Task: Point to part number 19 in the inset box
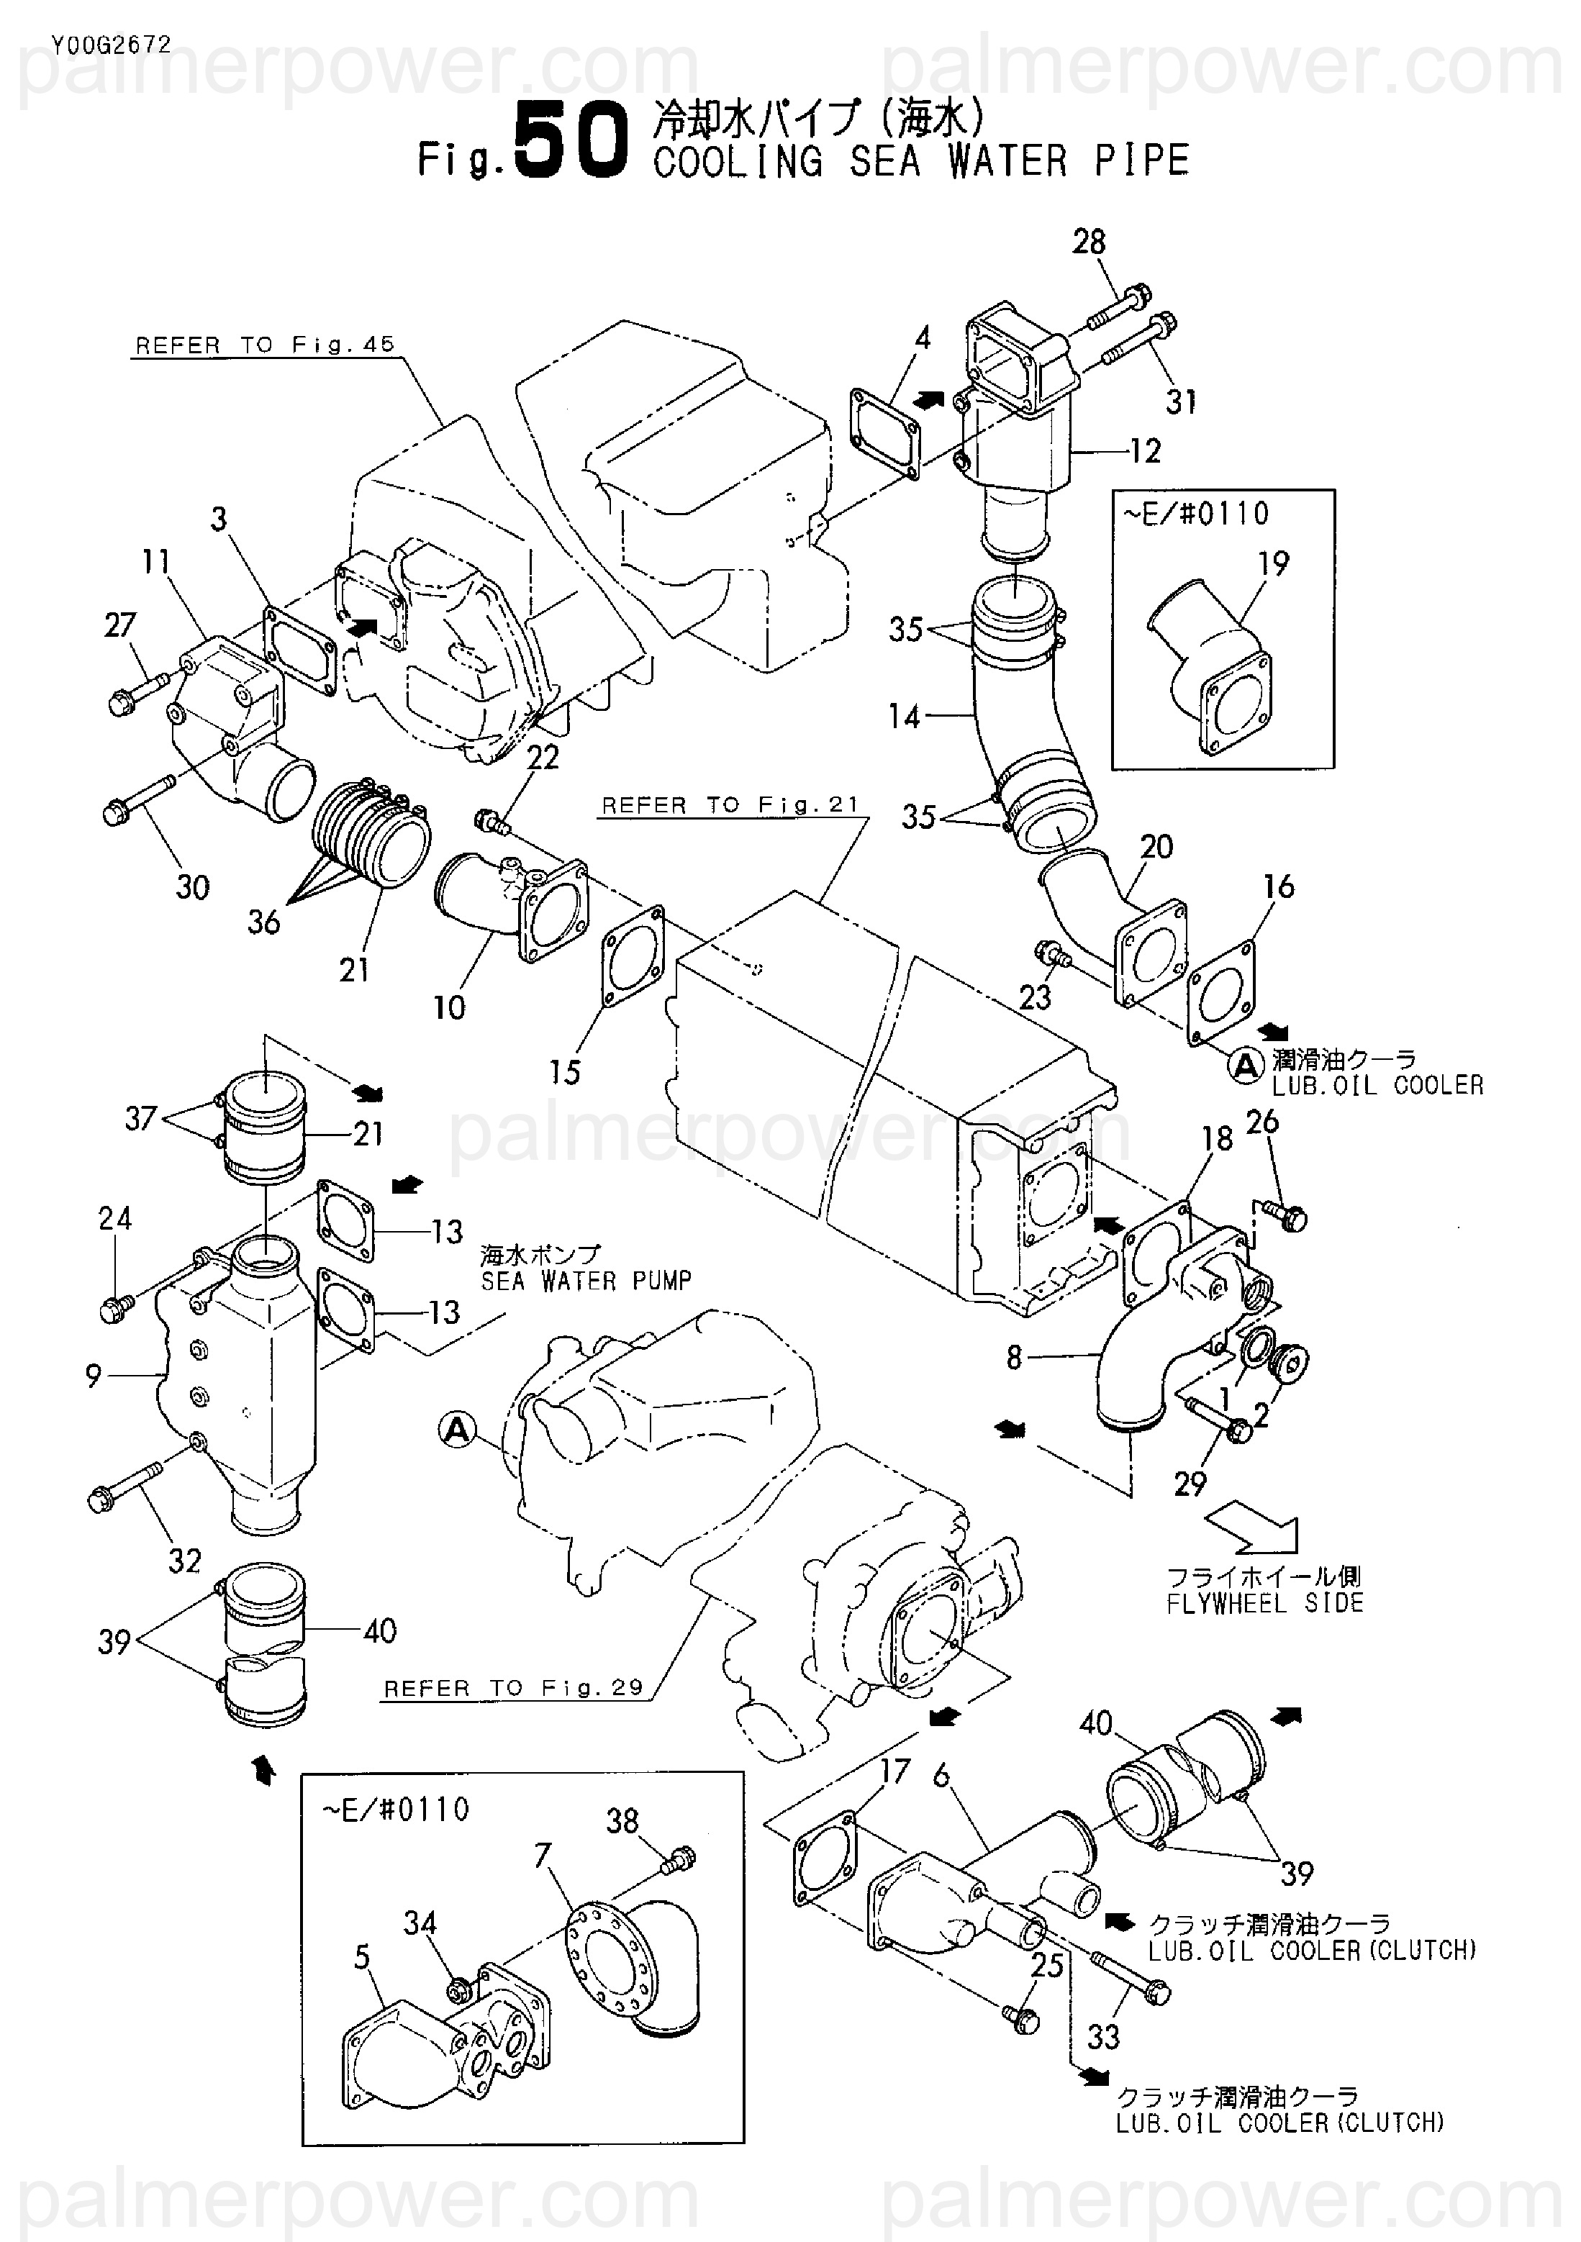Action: click(1274, 563)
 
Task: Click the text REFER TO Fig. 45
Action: click(265, 345)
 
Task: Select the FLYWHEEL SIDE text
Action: click(1264, 1602)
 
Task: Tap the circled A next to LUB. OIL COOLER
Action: click(1245, 1066)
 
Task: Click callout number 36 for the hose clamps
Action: click(263, 921)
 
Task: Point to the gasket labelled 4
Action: click(884, 435)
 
